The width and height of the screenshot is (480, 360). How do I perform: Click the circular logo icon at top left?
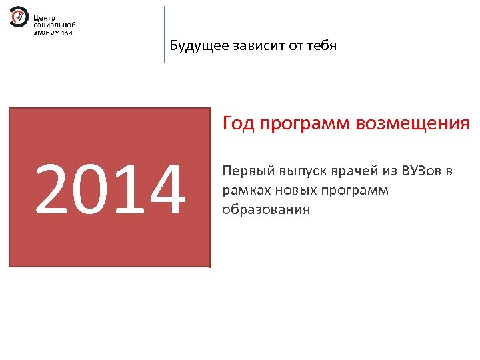(19, 17)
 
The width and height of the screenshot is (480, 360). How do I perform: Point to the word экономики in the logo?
(53, 31)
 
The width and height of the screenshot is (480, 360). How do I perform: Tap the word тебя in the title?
(322, 46)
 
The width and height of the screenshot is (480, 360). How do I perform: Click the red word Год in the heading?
(238, 124)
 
